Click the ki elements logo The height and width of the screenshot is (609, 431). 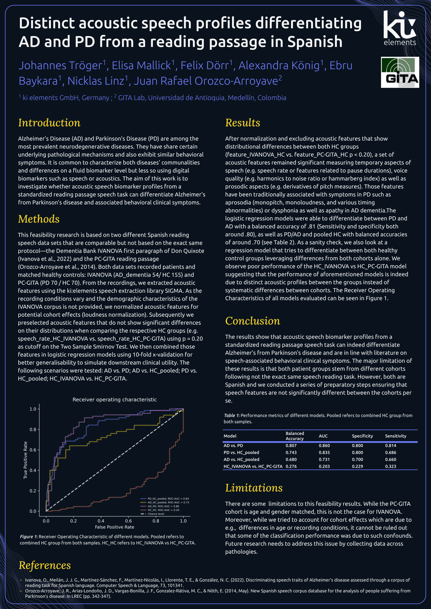[400, 28]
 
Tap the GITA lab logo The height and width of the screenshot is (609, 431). [400, 72]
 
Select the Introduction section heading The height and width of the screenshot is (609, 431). [49, 123]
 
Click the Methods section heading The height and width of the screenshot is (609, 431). [39, 219]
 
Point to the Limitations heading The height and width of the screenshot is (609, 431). [254, 488]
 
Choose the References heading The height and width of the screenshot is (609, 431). [45, 565]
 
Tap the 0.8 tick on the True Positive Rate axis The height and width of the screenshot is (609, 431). [33, 429]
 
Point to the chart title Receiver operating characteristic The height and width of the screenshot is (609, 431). [115, 400]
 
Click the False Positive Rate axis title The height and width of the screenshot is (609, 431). [115, 527]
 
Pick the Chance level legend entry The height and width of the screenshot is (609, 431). [153, 514]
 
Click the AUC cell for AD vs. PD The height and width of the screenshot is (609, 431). [324, 446]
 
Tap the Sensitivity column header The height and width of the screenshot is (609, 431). [395, 436]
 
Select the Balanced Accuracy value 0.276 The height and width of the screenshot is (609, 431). [291, 466]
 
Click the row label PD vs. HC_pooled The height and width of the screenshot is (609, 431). [241, 453]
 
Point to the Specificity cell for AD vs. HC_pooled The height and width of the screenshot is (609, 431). [357, 459]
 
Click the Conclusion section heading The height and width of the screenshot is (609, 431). [252, 321]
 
